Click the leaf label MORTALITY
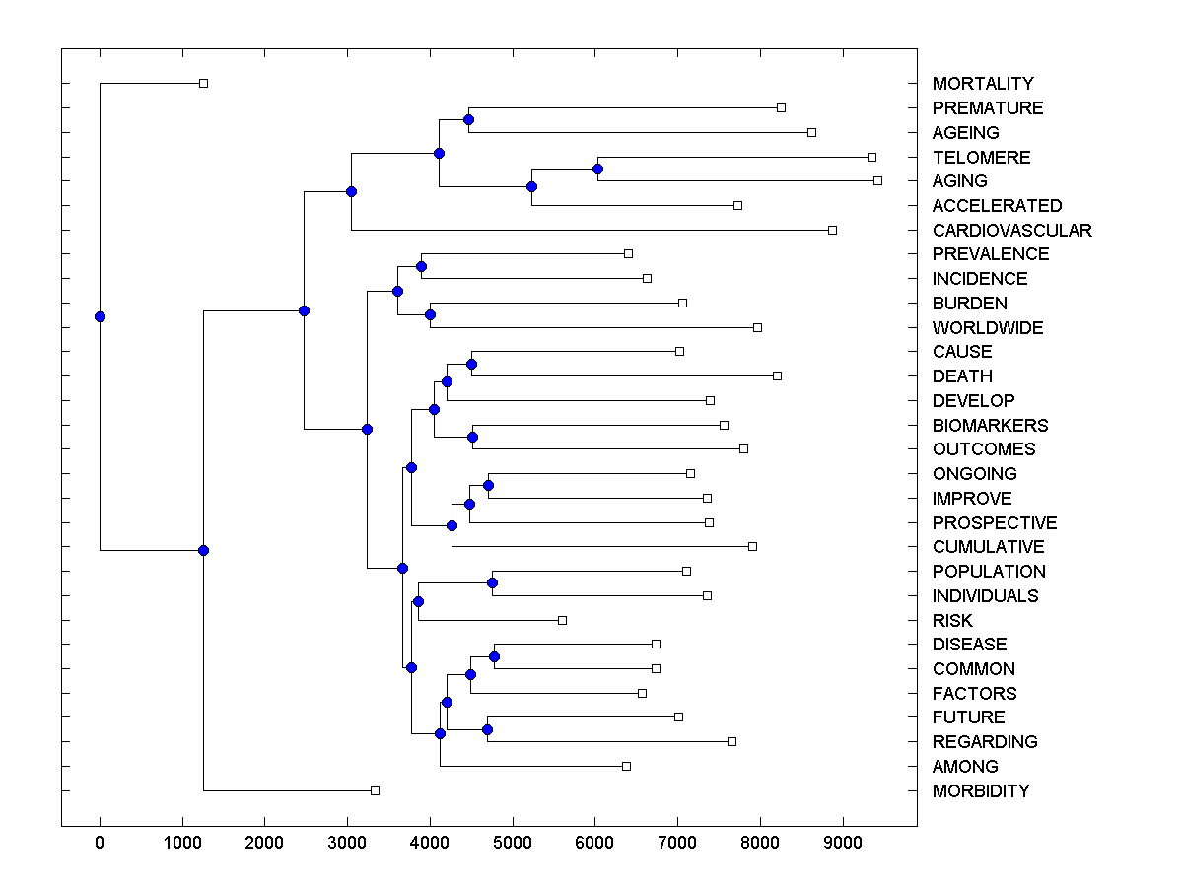click(x=983, y=84)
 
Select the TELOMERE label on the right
click(x=981, y=158)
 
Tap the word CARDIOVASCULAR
click(x=1011, y=231)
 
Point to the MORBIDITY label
click(x=981, y=791)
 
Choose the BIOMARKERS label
click(x=990, y=426)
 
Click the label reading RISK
click(x=952, y=621)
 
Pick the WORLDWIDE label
click(x=987, y=328)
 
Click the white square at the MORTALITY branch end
click(x=203, y=84)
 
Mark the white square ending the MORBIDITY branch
click(x=375, y=790)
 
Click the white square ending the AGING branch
click(x=877, y=181)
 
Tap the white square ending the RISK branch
click(x=562, y=620)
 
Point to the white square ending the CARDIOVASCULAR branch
click(x=832, y=230)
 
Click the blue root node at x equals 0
click(x=100, y=316)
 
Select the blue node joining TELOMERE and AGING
click(x=597, y=169)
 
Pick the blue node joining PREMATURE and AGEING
click(x=468, y=120)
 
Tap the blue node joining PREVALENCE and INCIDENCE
click(x=421, y=266)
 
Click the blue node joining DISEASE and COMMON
click(x=494, y=656)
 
